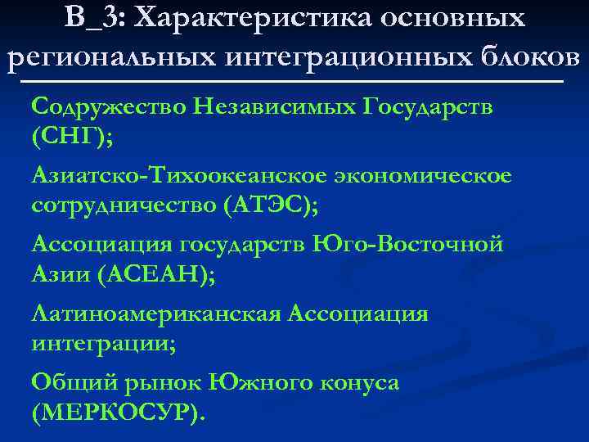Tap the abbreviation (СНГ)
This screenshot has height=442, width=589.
[x=72, y=138]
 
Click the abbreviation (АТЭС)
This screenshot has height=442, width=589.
[x=271, y=205]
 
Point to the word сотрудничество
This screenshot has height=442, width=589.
[x=123, y=205]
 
